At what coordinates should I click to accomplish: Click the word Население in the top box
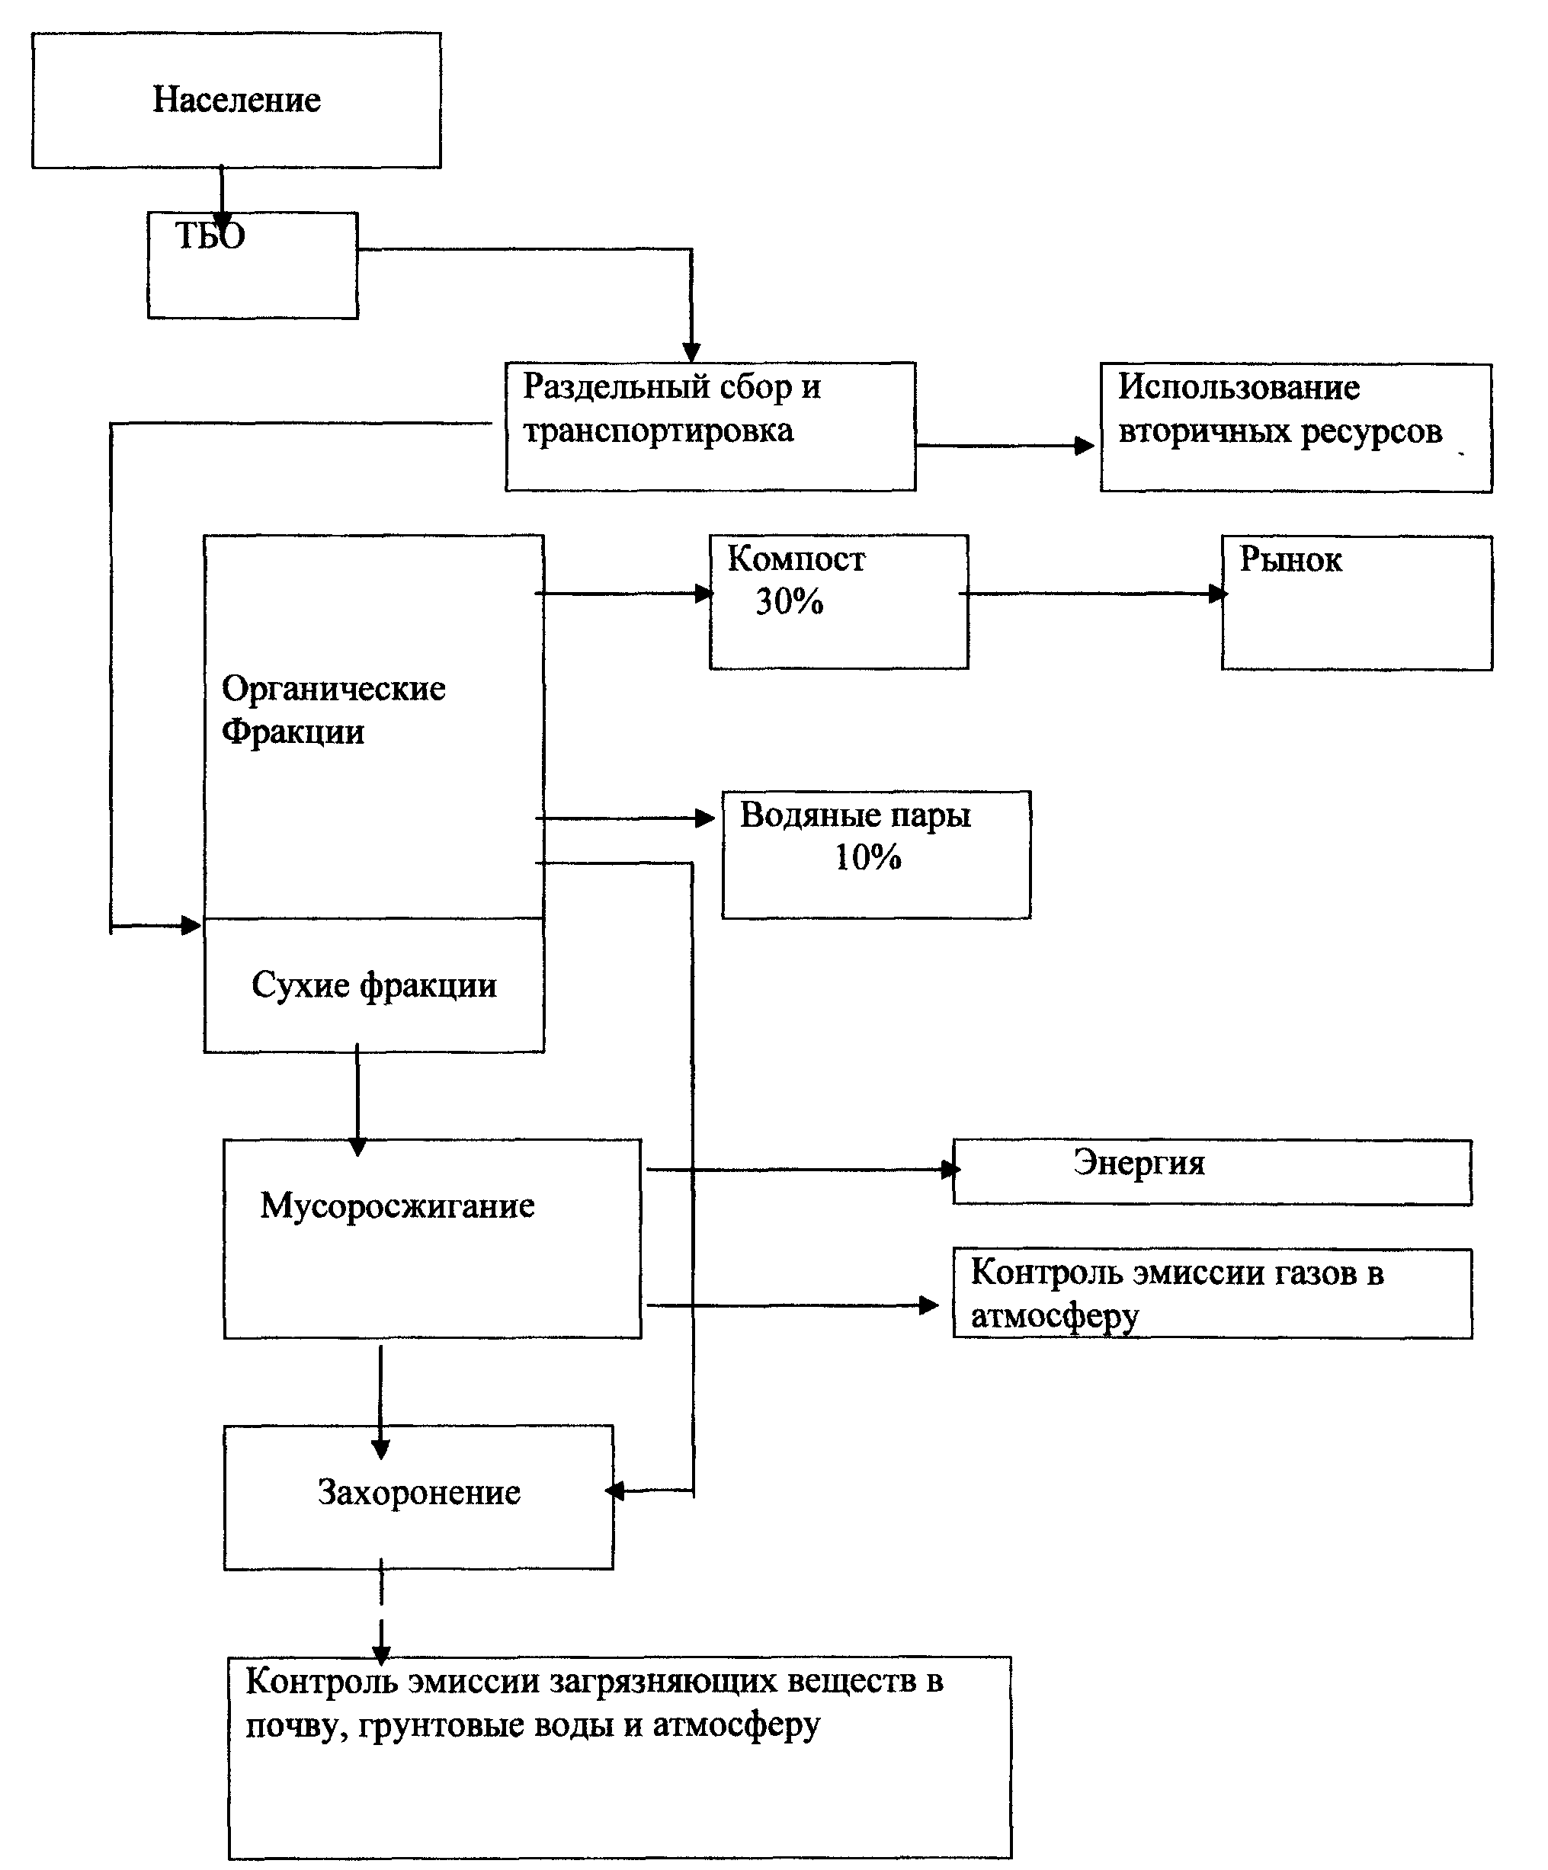236,99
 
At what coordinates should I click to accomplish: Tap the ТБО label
210,236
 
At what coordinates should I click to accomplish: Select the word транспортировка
659,432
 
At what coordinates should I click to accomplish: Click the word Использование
1239,387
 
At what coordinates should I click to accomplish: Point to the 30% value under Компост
789,602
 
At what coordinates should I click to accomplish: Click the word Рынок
1290,559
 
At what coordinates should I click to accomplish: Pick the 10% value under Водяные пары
867,857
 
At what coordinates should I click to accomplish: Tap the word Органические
333,689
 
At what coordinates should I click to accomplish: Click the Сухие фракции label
374,986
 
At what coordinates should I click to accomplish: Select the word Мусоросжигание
397,1206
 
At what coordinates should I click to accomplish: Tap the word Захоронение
418,1493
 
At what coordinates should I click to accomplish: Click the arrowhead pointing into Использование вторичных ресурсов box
1085,445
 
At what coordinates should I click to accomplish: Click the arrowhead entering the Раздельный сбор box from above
691,353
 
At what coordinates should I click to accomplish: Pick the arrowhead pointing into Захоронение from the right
614,1491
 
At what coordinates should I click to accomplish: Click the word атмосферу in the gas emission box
1055,1316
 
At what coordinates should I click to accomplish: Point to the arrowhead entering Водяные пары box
706,818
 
